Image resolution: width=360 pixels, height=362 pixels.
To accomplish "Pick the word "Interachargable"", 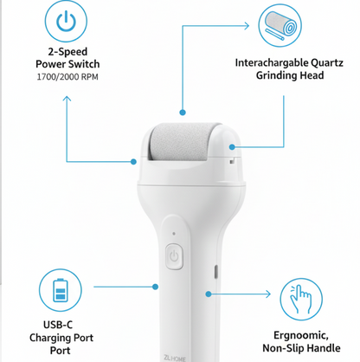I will (x=259, y=62).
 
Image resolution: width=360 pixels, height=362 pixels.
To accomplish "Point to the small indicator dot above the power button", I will (x=173, y=233).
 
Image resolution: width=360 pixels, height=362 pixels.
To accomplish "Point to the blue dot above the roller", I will (x=182, y=112).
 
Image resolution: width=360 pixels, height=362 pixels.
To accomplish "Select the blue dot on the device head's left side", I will (x=133, y=160).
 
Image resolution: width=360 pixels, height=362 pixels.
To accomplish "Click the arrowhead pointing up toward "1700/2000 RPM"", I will (x=67, y=97).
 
